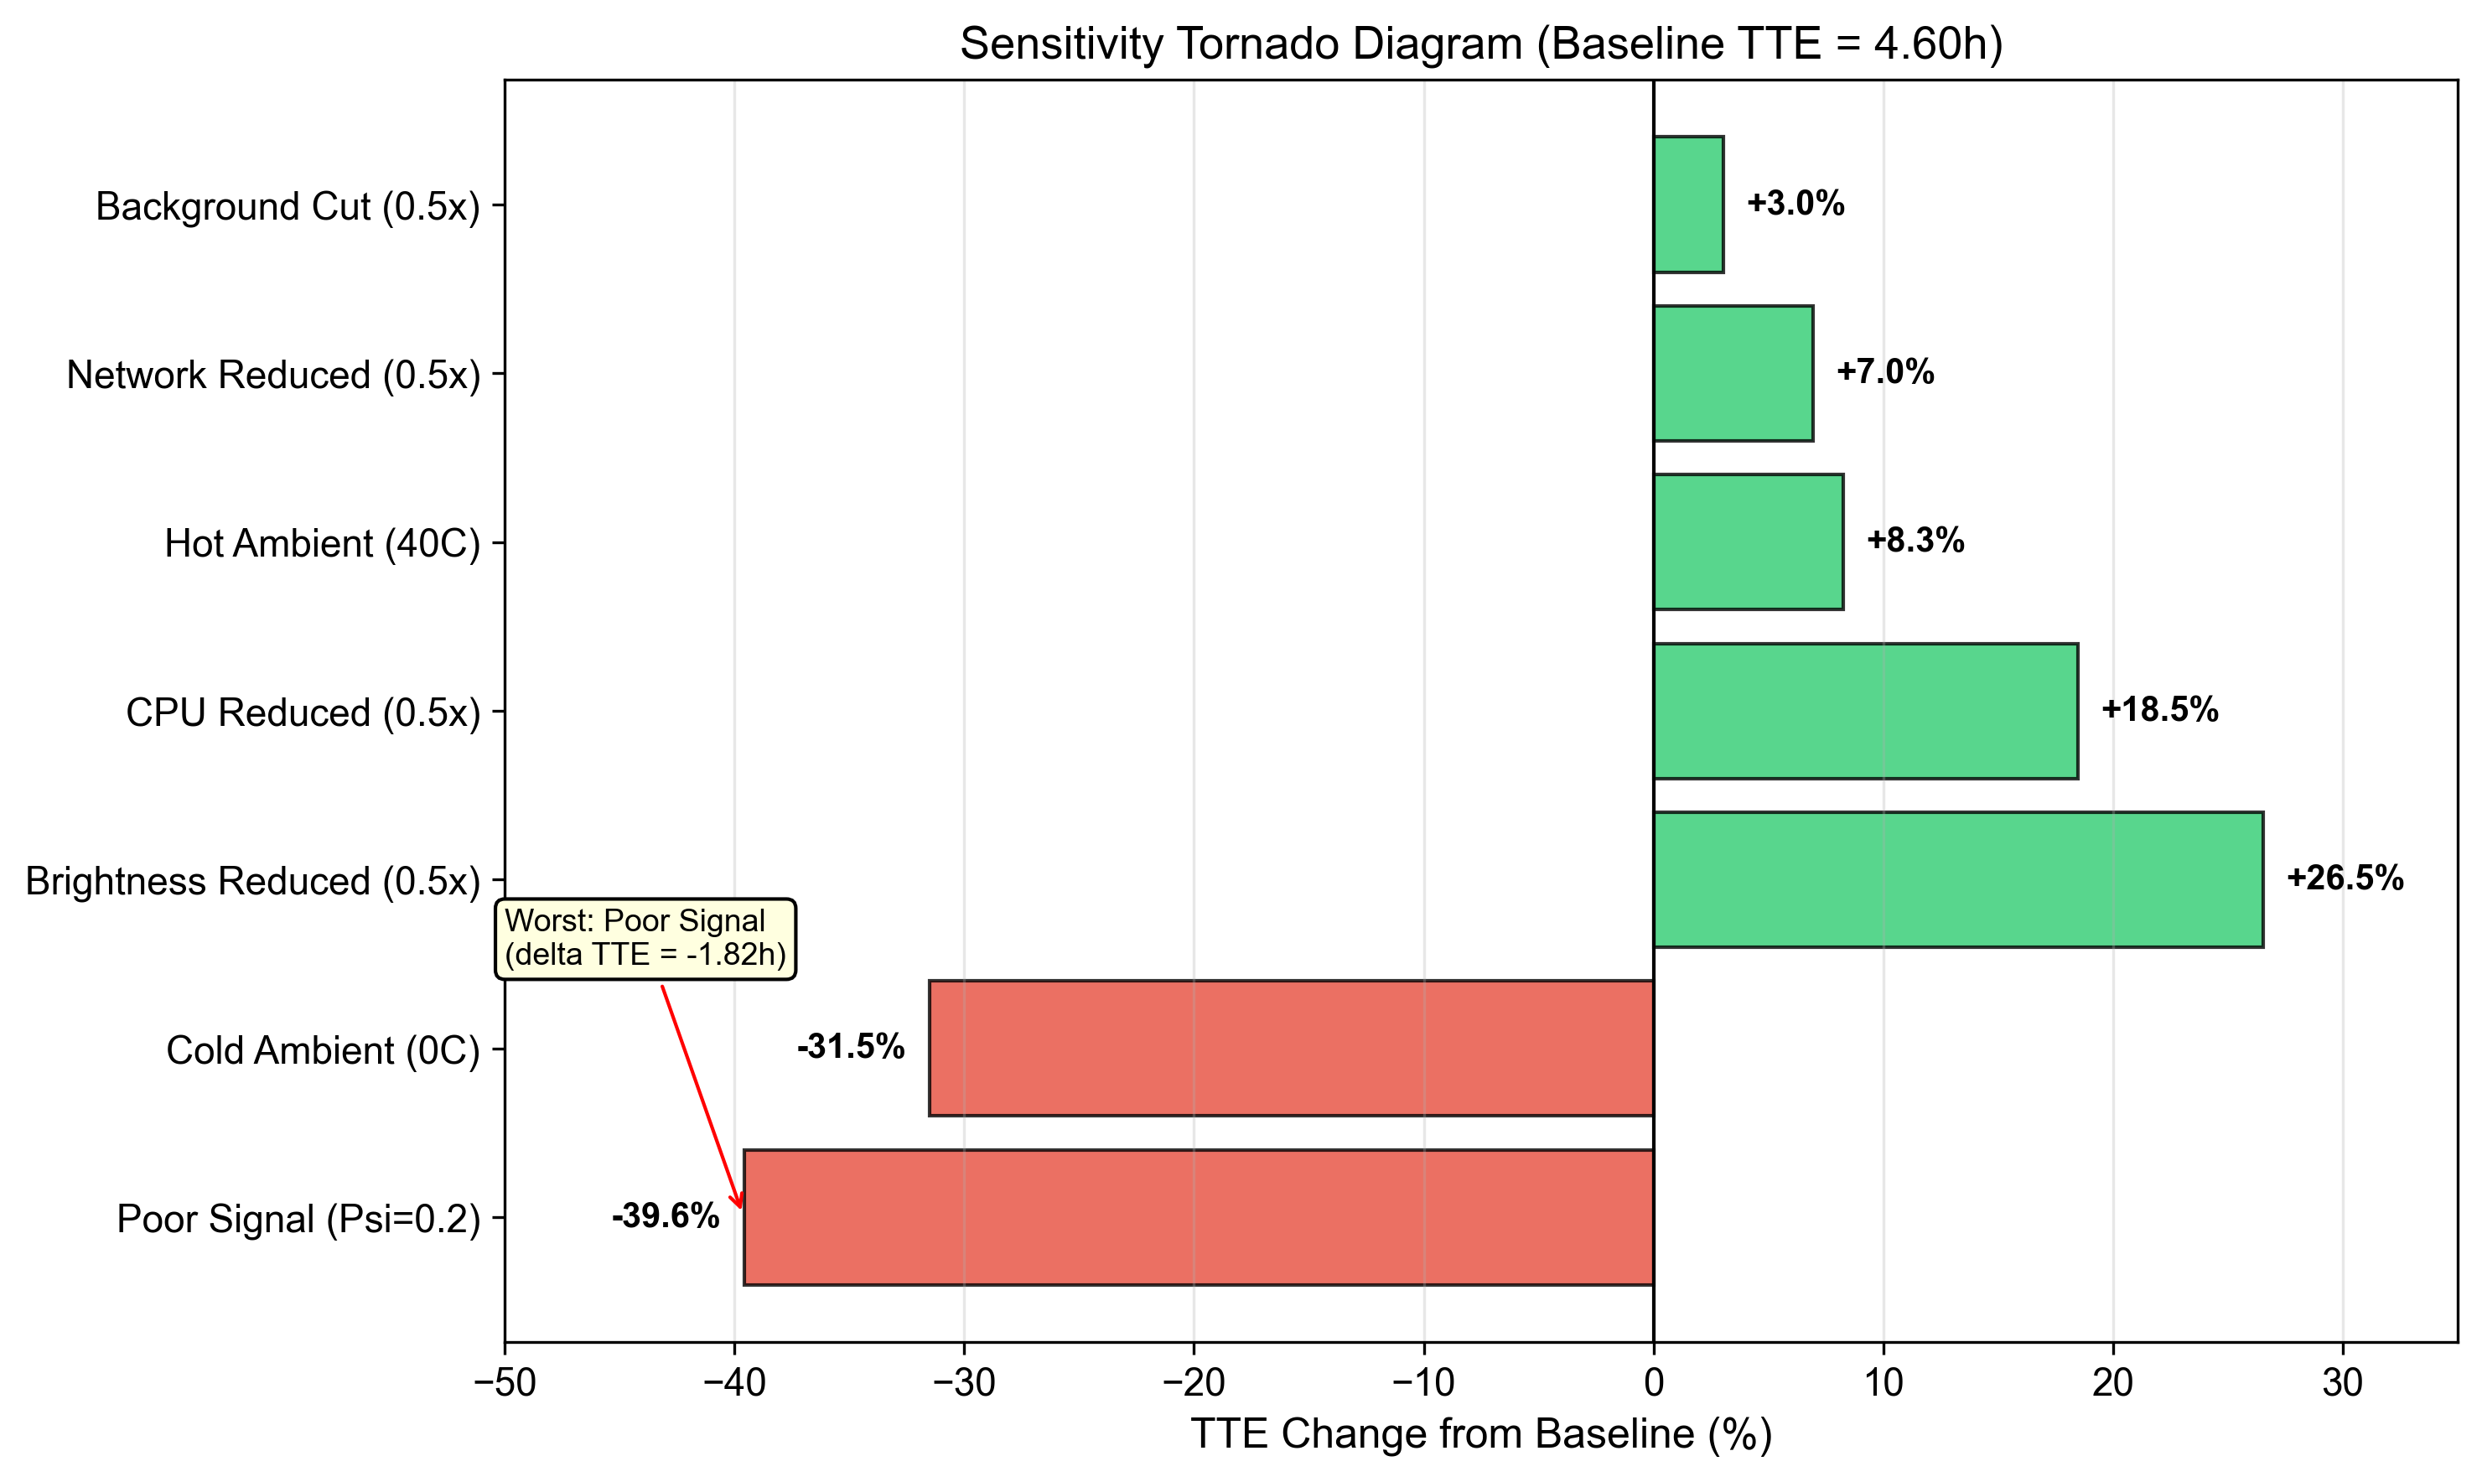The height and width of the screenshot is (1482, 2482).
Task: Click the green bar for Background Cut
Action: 1688,205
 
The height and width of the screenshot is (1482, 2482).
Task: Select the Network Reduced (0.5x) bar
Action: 1733,374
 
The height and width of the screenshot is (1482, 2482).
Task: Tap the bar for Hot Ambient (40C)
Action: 1749,542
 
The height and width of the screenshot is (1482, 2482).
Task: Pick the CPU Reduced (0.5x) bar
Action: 1865,711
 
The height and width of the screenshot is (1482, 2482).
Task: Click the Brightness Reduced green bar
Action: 1958,880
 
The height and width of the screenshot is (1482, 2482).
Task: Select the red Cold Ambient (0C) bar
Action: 1291,1049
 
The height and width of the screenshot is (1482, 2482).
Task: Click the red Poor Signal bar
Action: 1198,1217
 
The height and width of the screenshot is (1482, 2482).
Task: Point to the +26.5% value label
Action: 2345,878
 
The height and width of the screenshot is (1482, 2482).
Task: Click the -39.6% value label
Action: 665,1216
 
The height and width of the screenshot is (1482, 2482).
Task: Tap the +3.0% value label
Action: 1795,204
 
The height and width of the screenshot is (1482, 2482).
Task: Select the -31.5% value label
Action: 851,1048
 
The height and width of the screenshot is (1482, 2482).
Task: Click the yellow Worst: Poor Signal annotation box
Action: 645,939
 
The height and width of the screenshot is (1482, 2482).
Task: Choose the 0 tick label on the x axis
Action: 1653,1384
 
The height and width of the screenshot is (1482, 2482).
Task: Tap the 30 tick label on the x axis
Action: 2342,1384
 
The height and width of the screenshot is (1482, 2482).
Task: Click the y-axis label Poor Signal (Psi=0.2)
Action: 298,1220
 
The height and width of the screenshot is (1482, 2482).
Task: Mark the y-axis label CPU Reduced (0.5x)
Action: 303,713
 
